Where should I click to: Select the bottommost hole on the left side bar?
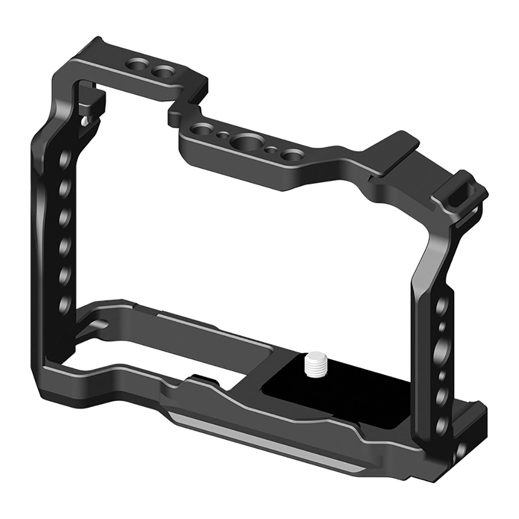pyautogui.click(x=65, y=304)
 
